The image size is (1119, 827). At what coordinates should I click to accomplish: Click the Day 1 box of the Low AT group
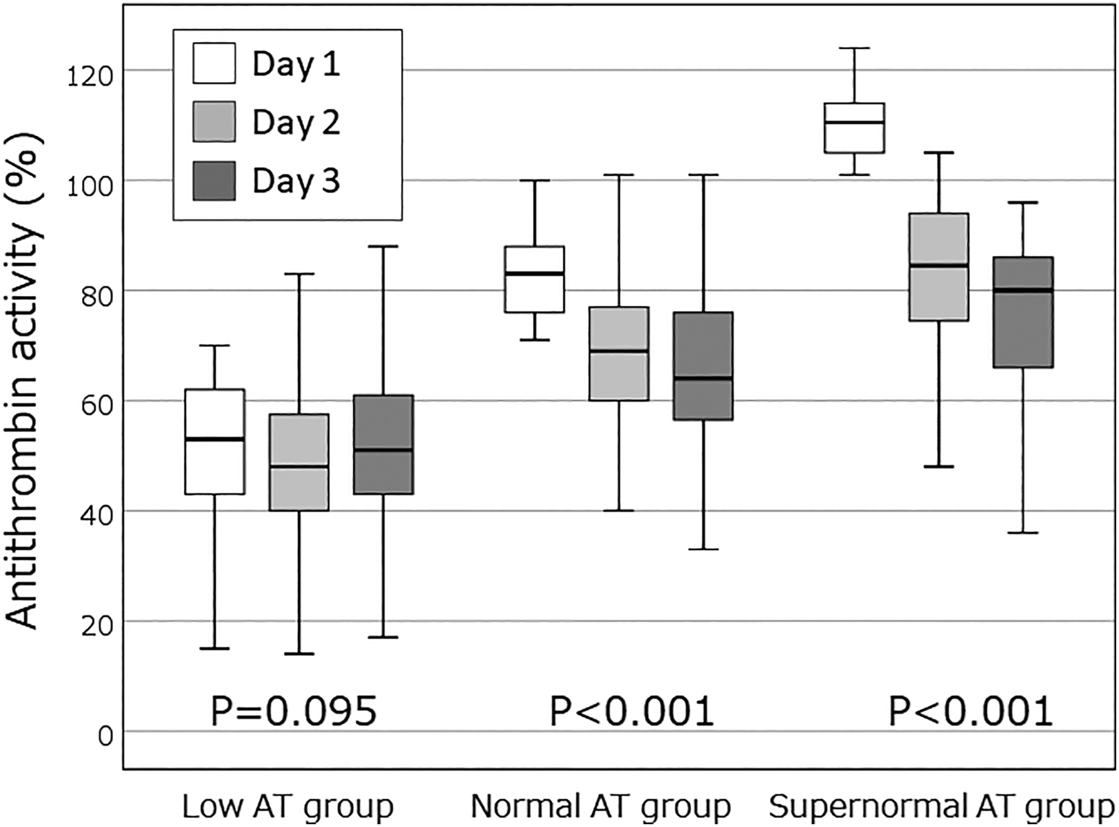(x=215, y=441)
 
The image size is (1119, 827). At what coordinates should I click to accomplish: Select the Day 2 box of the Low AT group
(x=299, y=462)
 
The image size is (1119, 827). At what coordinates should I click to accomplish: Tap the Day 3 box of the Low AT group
(x=384, y=444)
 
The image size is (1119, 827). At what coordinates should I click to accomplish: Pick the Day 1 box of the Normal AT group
(x=535, y=279)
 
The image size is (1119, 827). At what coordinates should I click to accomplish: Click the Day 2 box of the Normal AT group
(x=619, y=354)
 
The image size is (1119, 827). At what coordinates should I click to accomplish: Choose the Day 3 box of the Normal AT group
(x=703, y=366)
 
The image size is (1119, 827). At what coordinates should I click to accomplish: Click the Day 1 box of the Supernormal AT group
(x=855, y=128)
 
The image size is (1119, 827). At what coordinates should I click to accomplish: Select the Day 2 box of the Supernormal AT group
(x=939, y=267)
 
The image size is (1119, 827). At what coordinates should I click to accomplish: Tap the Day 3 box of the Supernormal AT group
(x=1023, y=312)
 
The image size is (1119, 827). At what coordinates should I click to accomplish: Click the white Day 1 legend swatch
(x=214, y=63)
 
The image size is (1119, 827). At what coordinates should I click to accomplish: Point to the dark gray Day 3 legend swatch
(x=214, y=181)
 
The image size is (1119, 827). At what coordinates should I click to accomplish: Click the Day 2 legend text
(x=296, y=123)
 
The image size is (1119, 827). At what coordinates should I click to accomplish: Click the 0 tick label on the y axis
(x=105, y=737)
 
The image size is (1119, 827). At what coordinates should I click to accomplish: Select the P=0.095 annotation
(x=293, y=711)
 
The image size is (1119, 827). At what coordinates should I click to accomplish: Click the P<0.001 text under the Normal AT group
(x=632, y=711)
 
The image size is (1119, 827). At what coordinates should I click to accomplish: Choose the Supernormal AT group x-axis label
(x=941, y=807)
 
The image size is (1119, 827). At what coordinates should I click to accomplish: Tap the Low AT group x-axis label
(x=288, y=807)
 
